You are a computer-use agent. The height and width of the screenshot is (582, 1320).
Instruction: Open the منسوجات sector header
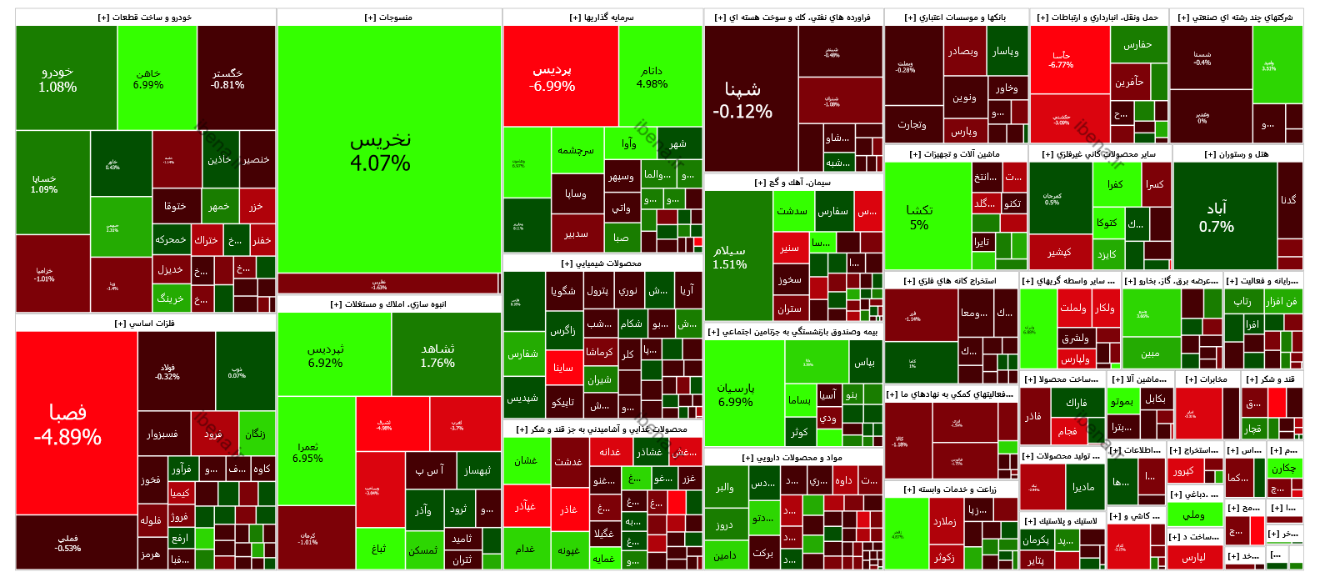tap(389, 18)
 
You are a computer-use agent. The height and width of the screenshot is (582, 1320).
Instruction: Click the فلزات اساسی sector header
tap(145, 324)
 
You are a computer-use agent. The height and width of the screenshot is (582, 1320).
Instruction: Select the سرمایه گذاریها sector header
tap(602, 18)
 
